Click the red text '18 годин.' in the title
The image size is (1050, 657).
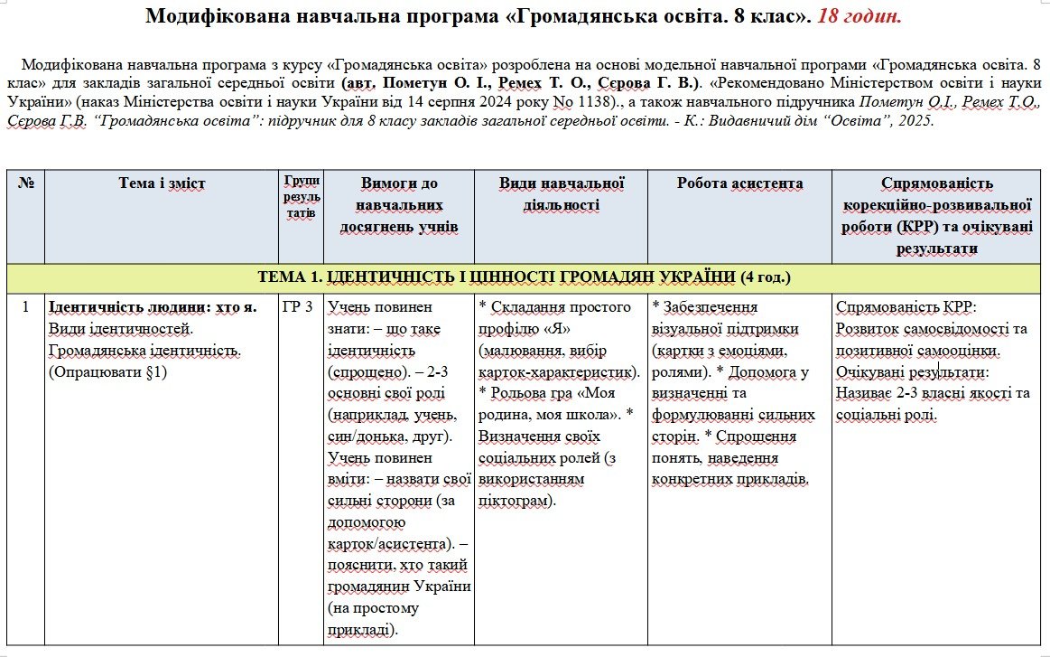pos(860,17)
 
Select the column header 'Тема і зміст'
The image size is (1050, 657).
pos(162,183)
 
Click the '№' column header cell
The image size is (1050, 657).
pos(25,183)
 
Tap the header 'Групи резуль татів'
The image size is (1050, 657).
pos(301,197)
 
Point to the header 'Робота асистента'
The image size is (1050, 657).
pos(739,183)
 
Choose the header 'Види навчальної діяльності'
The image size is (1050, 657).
pos(562,193)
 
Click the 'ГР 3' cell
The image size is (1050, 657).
pos(298,307)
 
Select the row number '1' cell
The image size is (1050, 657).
pos(25,307)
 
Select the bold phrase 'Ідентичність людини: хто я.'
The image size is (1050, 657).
pos(152,307)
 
